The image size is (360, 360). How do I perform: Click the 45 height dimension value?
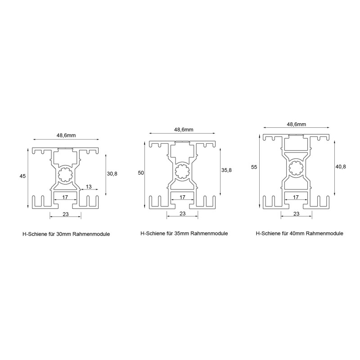tap(22, 176)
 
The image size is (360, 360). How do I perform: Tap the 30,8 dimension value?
tap(112, 174)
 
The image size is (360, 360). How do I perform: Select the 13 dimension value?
tap(89, 187)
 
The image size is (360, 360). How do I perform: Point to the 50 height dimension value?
tap(141, 173)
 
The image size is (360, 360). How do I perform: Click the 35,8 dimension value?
tap(226, 170)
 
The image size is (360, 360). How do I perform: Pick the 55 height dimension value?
tap(254, 167)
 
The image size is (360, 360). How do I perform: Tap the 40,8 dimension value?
tap(341, 166)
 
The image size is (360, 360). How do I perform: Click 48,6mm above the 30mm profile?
tap(66, 135)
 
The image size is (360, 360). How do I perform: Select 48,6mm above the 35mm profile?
tap(184, 130)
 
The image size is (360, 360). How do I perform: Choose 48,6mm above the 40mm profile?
tap(297, 124)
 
